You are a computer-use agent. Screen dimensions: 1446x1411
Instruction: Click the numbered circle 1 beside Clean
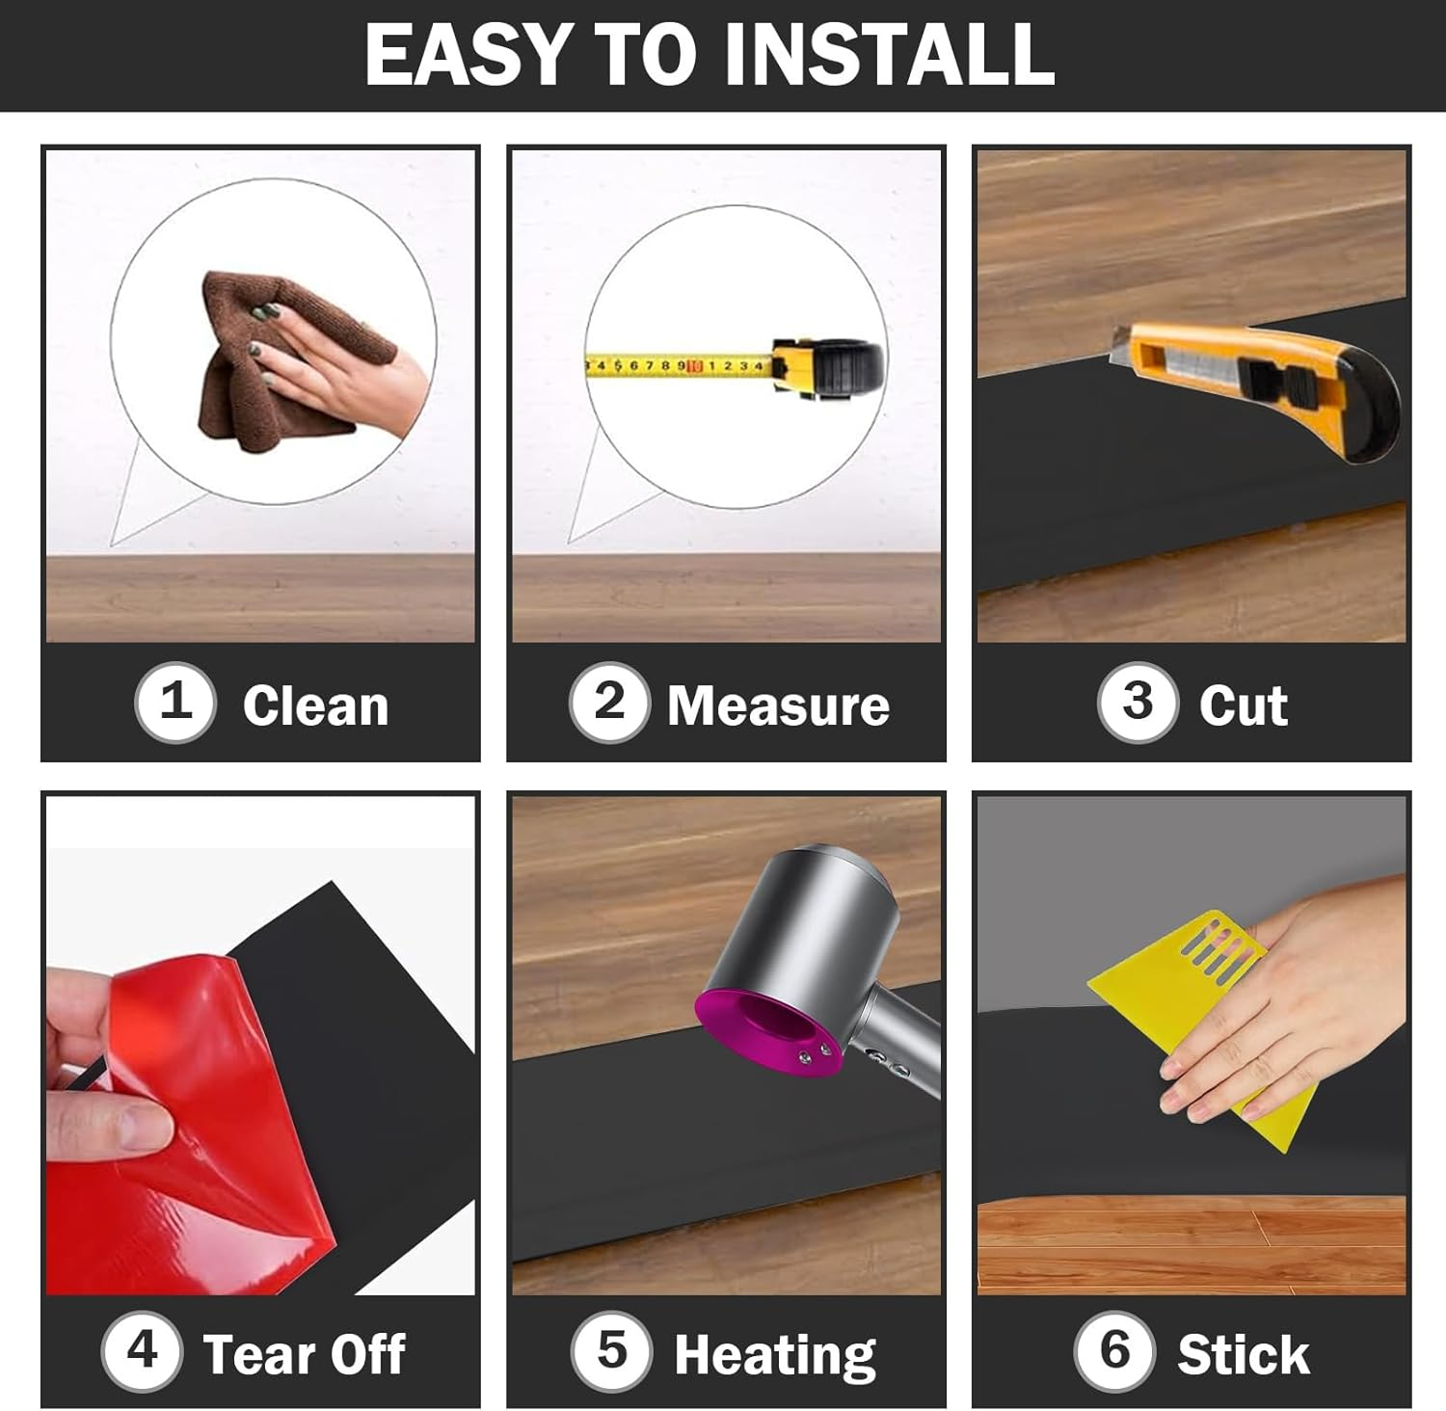[174, 703]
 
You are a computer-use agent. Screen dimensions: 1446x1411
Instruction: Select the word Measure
[778, 705]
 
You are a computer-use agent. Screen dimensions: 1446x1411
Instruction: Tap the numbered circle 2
[609, 703]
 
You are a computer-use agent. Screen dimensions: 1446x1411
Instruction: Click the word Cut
[1243, 705]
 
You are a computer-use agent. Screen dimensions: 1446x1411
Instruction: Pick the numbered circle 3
[1138, 703]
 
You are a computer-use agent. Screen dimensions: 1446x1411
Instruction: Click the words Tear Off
[304, 1354]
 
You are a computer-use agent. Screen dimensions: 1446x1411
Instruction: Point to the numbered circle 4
[142, 1351]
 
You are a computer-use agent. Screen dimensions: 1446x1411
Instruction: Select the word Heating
[775, 1356]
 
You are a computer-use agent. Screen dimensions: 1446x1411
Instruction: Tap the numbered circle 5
[611, 1351]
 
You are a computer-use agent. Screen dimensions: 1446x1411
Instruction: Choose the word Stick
[1244, 1354]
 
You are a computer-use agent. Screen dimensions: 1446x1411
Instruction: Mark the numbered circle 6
[1114, 1351]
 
